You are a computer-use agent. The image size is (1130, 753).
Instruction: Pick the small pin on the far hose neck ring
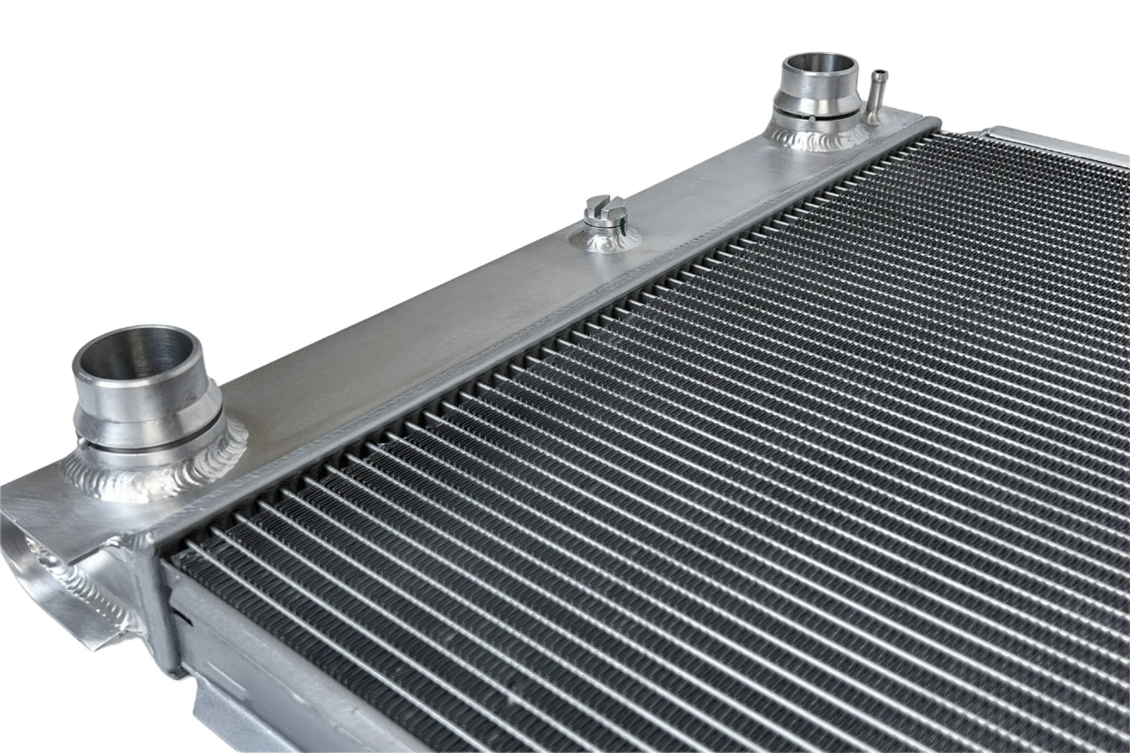[812, 119]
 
